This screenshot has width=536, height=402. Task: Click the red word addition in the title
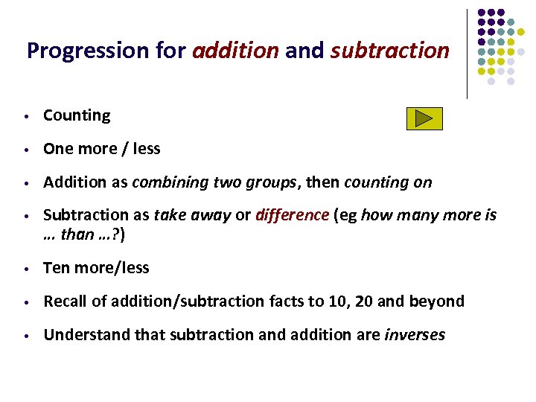pyautogui.click(x=235, y=51)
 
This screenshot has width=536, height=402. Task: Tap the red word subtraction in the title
pyautogui.click(x=389, y=51)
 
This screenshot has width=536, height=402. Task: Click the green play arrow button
pyautogui.click(x=424, y=118)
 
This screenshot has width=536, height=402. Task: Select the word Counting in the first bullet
pyautogui.click(x=77, y=115)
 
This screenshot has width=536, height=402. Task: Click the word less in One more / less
pyautogui.click(x=146, y=149)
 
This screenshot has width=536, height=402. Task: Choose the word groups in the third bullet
pyautogui.click(x=275, y=182)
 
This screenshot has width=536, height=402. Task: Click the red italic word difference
pyautogui.click(x=292, y=215)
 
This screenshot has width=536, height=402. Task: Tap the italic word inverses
pyautogui.click(x=415, y=335)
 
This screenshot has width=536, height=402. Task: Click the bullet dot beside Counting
pyautogui.click(x=25, y=117)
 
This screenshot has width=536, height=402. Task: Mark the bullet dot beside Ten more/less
pyautogui.click(x=25, y=269)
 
